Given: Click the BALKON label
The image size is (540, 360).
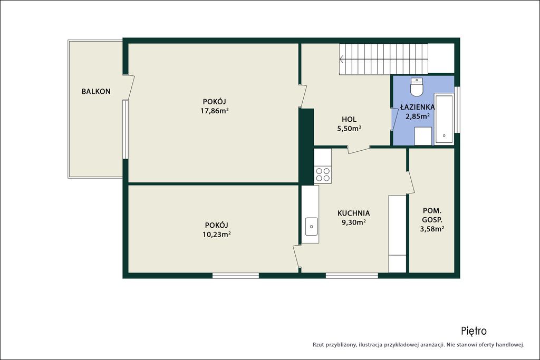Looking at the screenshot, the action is coord(96,92).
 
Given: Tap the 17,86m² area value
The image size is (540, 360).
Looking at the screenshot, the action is coord(215,111).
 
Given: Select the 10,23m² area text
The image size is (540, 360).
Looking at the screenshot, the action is coord(217,235).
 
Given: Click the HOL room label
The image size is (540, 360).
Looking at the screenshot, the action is coord(349,120).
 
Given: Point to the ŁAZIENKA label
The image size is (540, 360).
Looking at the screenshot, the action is coord(418,107).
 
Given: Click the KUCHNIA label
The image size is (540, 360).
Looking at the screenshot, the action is coord(354,213).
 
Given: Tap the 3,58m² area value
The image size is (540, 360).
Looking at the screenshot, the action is coord(432,229).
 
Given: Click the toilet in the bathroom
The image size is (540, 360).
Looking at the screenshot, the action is coord(417,87).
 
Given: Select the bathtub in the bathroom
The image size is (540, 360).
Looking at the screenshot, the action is coord(444,119).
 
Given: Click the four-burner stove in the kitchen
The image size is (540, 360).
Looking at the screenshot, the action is coord(323,174).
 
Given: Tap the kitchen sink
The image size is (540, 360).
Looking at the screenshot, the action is coord(311,227).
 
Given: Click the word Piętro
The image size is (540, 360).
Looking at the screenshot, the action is coord(474,331).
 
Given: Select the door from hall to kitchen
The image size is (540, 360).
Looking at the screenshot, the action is coord(359,149).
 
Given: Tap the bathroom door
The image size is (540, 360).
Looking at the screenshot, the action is coord(394,119).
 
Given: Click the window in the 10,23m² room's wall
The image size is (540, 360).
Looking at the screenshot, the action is coord(236,276).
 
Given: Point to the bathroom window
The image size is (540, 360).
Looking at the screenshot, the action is coord(457,110).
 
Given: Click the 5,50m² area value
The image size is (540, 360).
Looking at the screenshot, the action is coord(349,129).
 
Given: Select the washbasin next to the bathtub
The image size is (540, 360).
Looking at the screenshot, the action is coord(423,136).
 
